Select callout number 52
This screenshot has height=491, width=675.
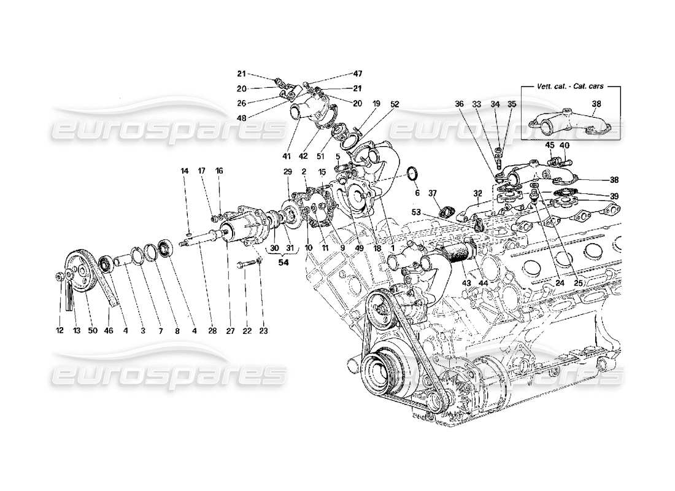click(x=394, y=104)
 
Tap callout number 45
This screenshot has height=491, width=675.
click(x=550, y=145)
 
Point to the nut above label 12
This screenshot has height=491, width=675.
click(x=59, y=275)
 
